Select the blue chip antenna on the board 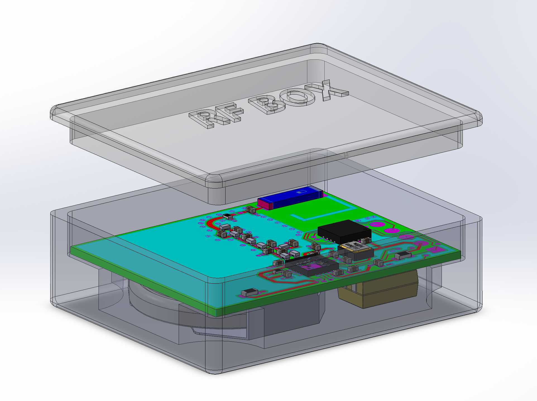pyautogui.click(x=296, y=199)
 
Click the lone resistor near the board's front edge pyautogui.click(x=247, y=293)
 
